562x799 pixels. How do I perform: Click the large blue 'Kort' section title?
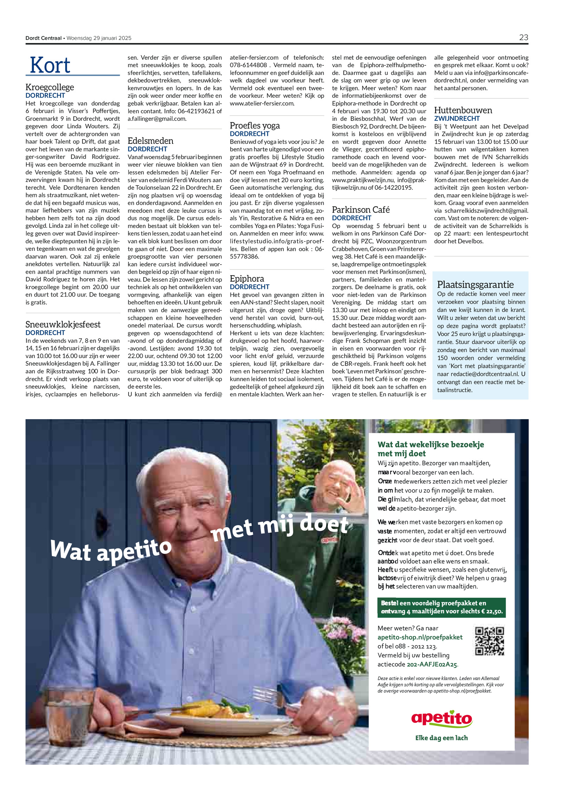point(50,65)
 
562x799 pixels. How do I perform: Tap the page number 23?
point(523,38)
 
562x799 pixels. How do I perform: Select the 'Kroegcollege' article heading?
point(50,87)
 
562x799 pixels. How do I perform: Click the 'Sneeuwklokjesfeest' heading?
point(63,324)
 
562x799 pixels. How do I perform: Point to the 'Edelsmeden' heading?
point(150,141)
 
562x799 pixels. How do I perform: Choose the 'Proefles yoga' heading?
point(255,125)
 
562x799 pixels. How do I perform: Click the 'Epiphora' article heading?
point(247,279)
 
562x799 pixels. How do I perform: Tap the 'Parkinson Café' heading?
point(361,210)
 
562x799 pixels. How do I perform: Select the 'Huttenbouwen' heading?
point(463,110)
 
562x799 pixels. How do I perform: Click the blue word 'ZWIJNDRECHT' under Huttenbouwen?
point(457,119)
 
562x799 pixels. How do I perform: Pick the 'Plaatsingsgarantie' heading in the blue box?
point(475,285)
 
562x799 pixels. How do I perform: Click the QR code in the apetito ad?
point(489,641)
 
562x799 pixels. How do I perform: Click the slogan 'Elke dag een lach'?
point(442,738)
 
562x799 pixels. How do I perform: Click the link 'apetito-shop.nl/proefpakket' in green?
point(420,637)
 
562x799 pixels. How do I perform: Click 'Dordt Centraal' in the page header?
point(44,38)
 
